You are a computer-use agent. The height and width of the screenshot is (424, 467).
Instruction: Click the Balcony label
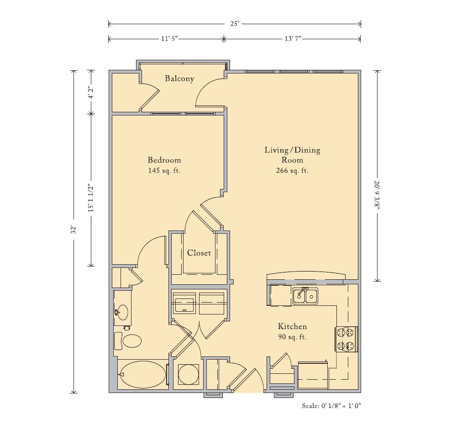pos(179,79)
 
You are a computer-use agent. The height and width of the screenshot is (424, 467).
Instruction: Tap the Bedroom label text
pos(164,160)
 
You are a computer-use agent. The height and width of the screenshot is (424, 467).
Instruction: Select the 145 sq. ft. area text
pos(164,171)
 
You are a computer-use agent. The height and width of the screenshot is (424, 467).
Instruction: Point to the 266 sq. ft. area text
pos(292,171)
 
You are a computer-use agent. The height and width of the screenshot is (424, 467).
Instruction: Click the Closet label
pos(199,253)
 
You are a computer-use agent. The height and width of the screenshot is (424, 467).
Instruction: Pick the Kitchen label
pos(292,326)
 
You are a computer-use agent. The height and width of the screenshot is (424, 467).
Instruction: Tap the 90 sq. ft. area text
pos(292,337)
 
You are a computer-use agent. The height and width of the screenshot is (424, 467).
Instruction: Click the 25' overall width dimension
pos(235,24)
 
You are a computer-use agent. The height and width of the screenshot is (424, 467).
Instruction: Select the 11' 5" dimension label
pos(169,39)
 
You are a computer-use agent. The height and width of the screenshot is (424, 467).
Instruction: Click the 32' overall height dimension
pos(74,230)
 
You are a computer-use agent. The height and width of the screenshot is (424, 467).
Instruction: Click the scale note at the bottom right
pos(331,406)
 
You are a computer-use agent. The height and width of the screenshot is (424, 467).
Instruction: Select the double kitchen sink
pos(305,296)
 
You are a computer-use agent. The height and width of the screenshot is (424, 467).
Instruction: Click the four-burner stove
pos(346,339)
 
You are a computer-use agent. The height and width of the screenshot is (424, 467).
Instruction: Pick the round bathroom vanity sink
pos(123,312)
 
